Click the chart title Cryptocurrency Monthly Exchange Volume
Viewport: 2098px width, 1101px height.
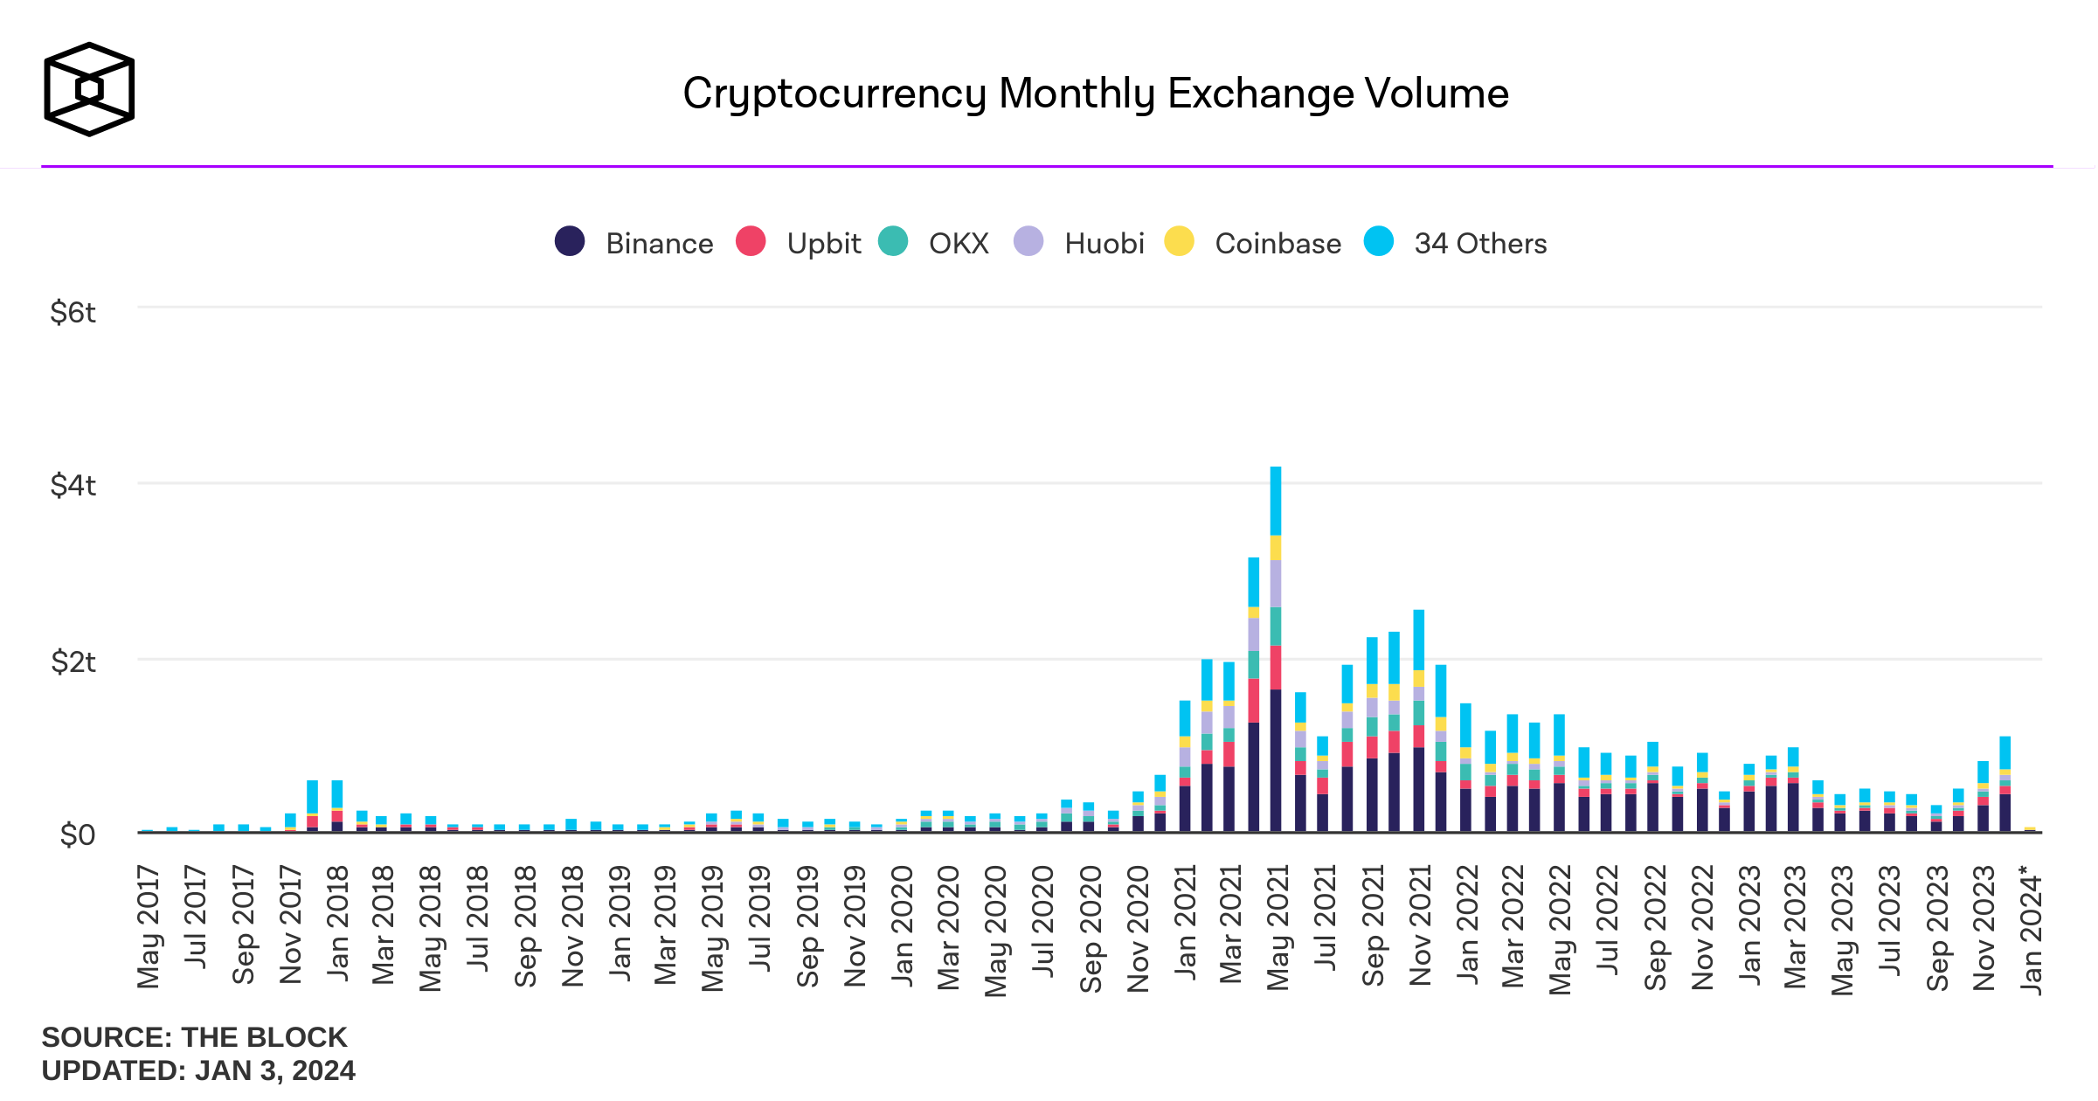tap(1095, 93)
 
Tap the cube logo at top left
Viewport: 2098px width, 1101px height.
tap(89, 89)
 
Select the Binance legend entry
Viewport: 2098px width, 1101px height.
tap(634, 243)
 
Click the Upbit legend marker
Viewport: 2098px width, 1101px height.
tap(751, 241)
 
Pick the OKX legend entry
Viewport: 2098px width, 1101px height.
tap(934, 243)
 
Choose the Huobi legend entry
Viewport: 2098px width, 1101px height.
tap(1079, 243)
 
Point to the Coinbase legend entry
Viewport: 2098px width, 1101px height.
tap(1253, 243)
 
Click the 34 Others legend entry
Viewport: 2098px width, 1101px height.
tap(1456, 243)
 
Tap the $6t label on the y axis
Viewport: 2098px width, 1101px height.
tap(73, 312)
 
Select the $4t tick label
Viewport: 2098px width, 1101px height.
tap(73, 485)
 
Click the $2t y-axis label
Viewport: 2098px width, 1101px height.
tap(73, 661)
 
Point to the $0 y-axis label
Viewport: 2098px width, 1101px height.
tap(77, 835)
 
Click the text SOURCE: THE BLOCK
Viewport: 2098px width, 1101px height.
tap(194, 1037)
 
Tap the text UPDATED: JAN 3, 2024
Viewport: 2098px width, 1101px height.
tap(198, 1070)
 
